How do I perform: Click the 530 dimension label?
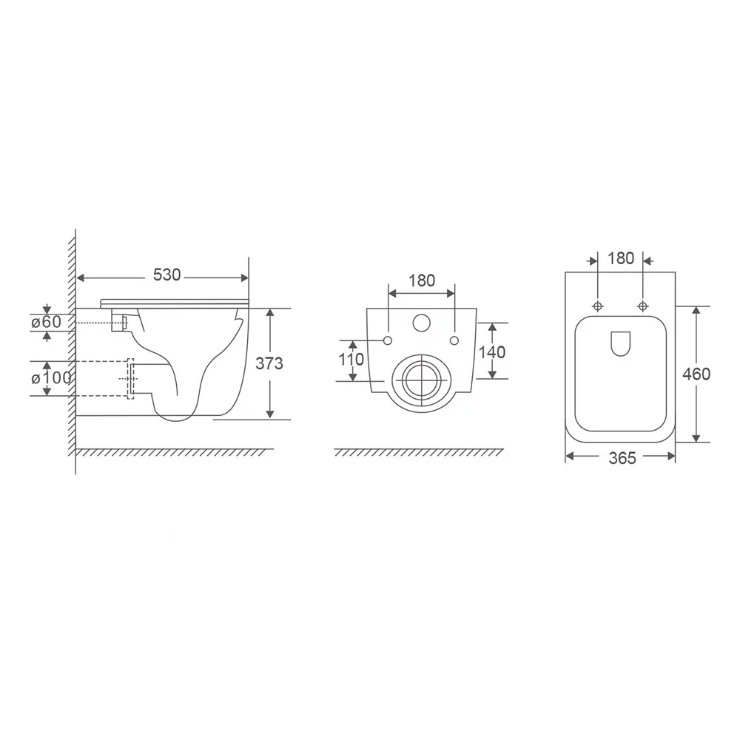166,275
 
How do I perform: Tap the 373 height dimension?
269,363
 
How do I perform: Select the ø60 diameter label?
46,322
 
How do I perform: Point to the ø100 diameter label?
51,377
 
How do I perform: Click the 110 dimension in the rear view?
351,360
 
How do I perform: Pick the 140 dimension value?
492,352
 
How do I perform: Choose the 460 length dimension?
696,374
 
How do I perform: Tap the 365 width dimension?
622,458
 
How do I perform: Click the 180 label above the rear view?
422,280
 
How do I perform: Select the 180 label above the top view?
621,258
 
